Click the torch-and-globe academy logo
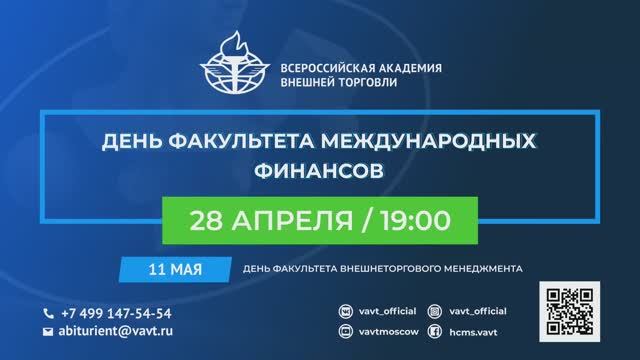pyautogui.click(x=233, y=66)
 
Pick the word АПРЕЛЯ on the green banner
pyautogui.click(x=297, y=218)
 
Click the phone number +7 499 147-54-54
pyautogui.click(x=115, y=312)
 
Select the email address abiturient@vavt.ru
pyautogui.click(x=121, y=330)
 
